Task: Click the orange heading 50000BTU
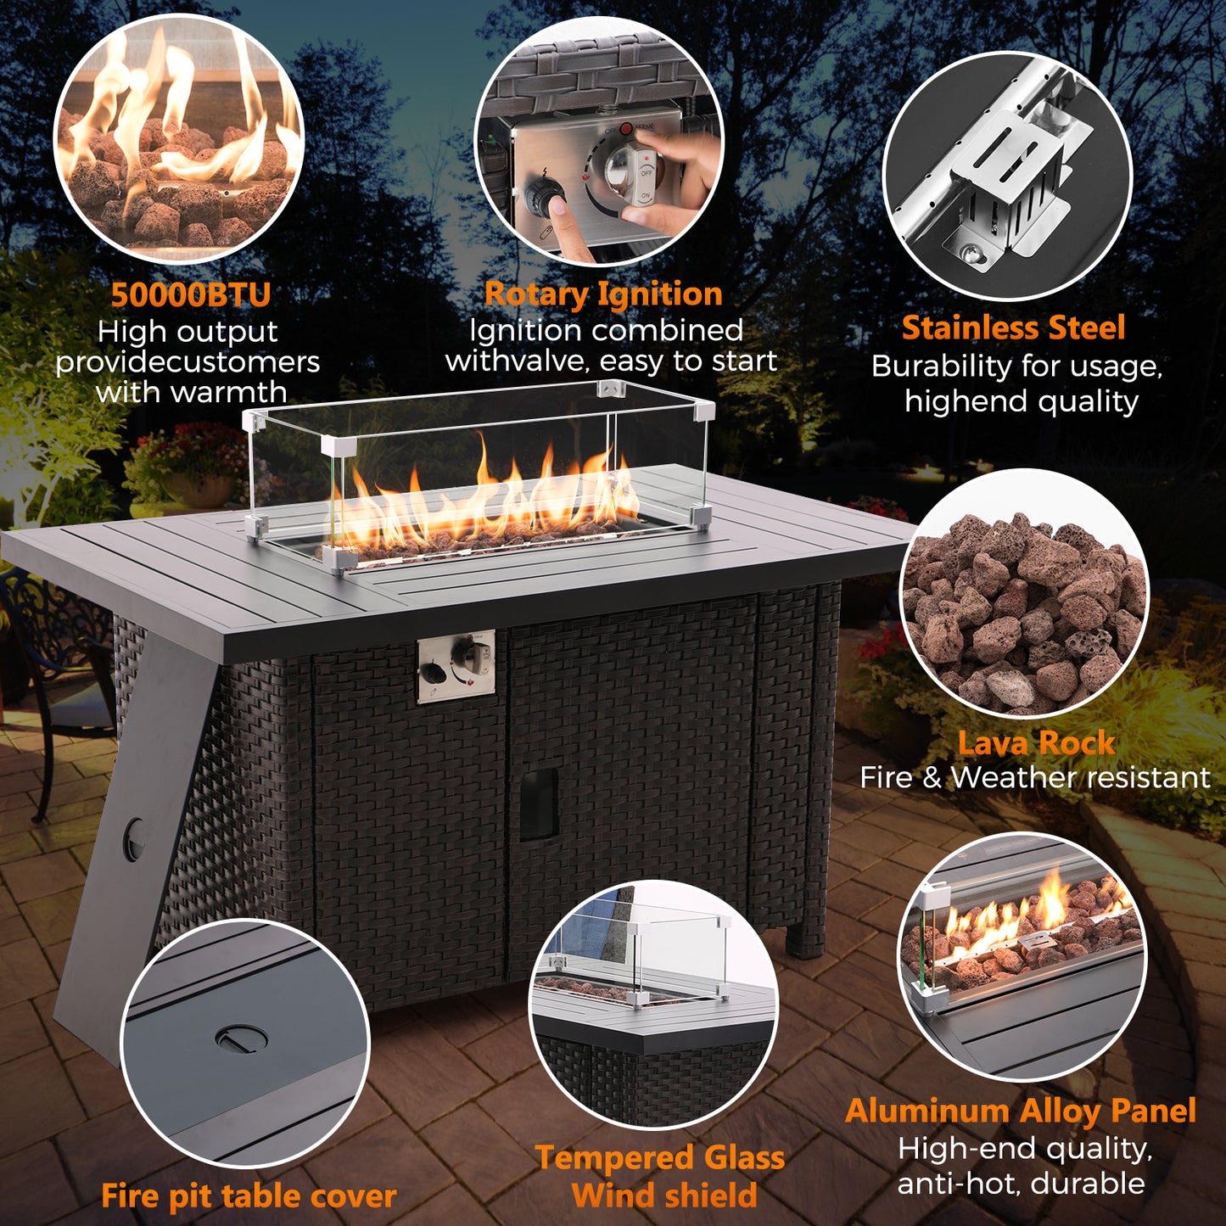[191, 294]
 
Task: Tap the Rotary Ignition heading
[603, 294]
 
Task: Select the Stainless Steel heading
[1014, 327]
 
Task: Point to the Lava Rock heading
[1036, 743]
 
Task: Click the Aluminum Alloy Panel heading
[1021, 1111]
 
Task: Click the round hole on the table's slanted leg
[134, 831]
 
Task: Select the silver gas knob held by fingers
[627, 171]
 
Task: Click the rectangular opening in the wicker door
[539, 803]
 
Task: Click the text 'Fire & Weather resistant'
[1035, 777]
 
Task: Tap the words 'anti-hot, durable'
[1022, 1184]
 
